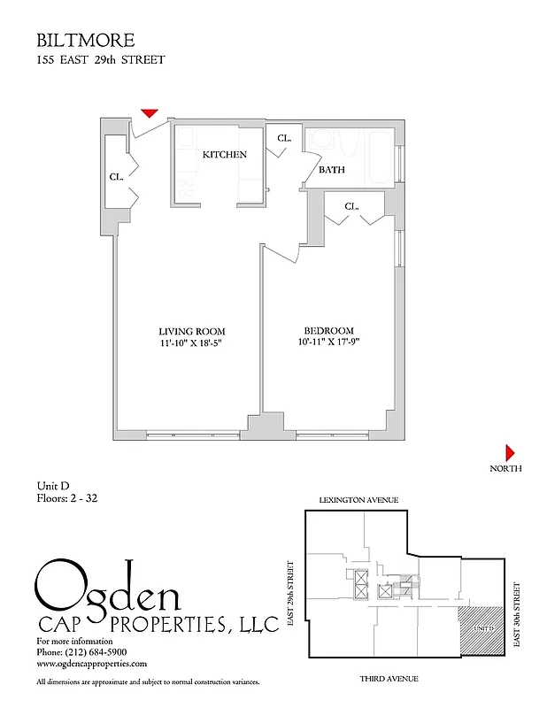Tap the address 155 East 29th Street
[x=100, y=60]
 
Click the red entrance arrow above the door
[x=150, y=112]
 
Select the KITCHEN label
[x=225, y=155]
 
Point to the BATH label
[x=332, y=170]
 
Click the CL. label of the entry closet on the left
[x=116, y=177]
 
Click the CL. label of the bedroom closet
[x=351, y=206]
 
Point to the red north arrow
[x=510, y=451]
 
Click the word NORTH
[x=505, y=469]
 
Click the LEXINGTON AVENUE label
[x=358, y=500]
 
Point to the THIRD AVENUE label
[x=389, y=679]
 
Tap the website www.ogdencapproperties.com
[x=91, y=663]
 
